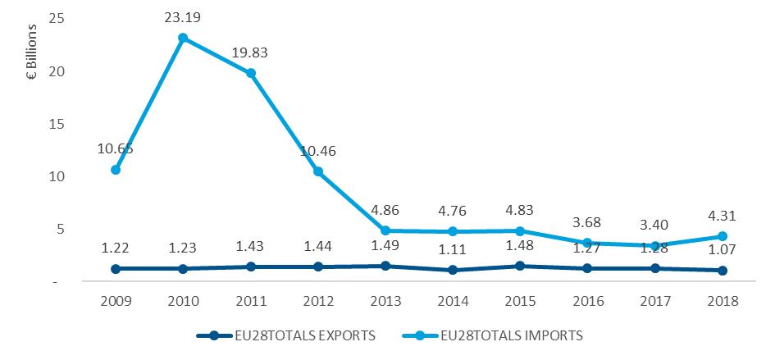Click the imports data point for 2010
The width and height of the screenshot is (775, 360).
(183, 38)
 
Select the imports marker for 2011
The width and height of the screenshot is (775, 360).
(251, 73)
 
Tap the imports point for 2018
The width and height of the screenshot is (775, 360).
(723, 236)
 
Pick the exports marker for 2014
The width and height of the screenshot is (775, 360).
(453, 270)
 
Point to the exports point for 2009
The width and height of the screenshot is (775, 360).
(116, 268)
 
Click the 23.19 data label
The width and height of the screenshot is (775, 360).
(184, 16)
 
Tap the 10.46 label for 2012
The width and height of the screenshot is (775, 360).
(318, 151)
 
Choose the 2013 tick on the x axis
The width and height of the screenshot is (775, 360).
(385, 301)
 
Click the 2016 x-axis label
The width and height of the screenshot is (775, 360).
(588, 301)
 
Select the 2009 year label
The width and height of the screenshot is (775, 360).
(116, 301)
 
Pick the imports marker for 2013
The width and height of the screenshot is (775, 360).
(385, 231)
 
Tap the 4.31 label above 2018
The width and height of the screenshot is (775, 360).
(723, 217)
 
